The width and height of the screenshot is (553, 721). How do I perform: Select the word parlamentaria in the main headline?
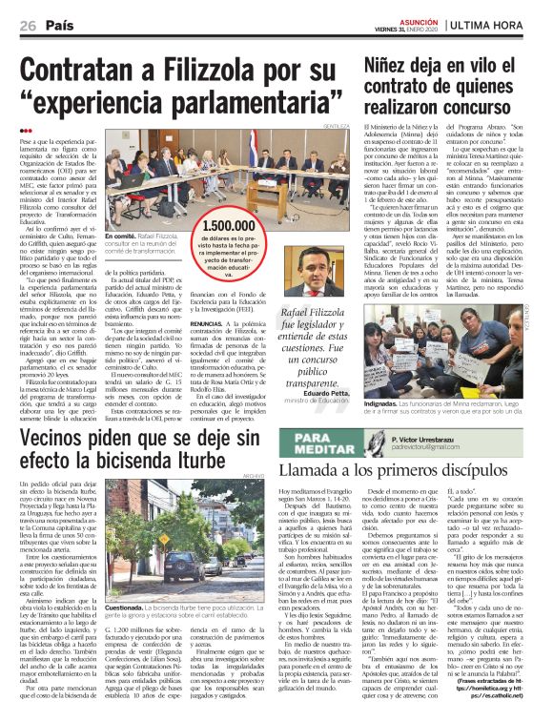pyautogui.click(x=236, y=101)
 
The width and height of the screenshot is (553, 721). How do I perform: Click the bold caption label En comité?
pyautogui.click(x=127, y=237)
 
